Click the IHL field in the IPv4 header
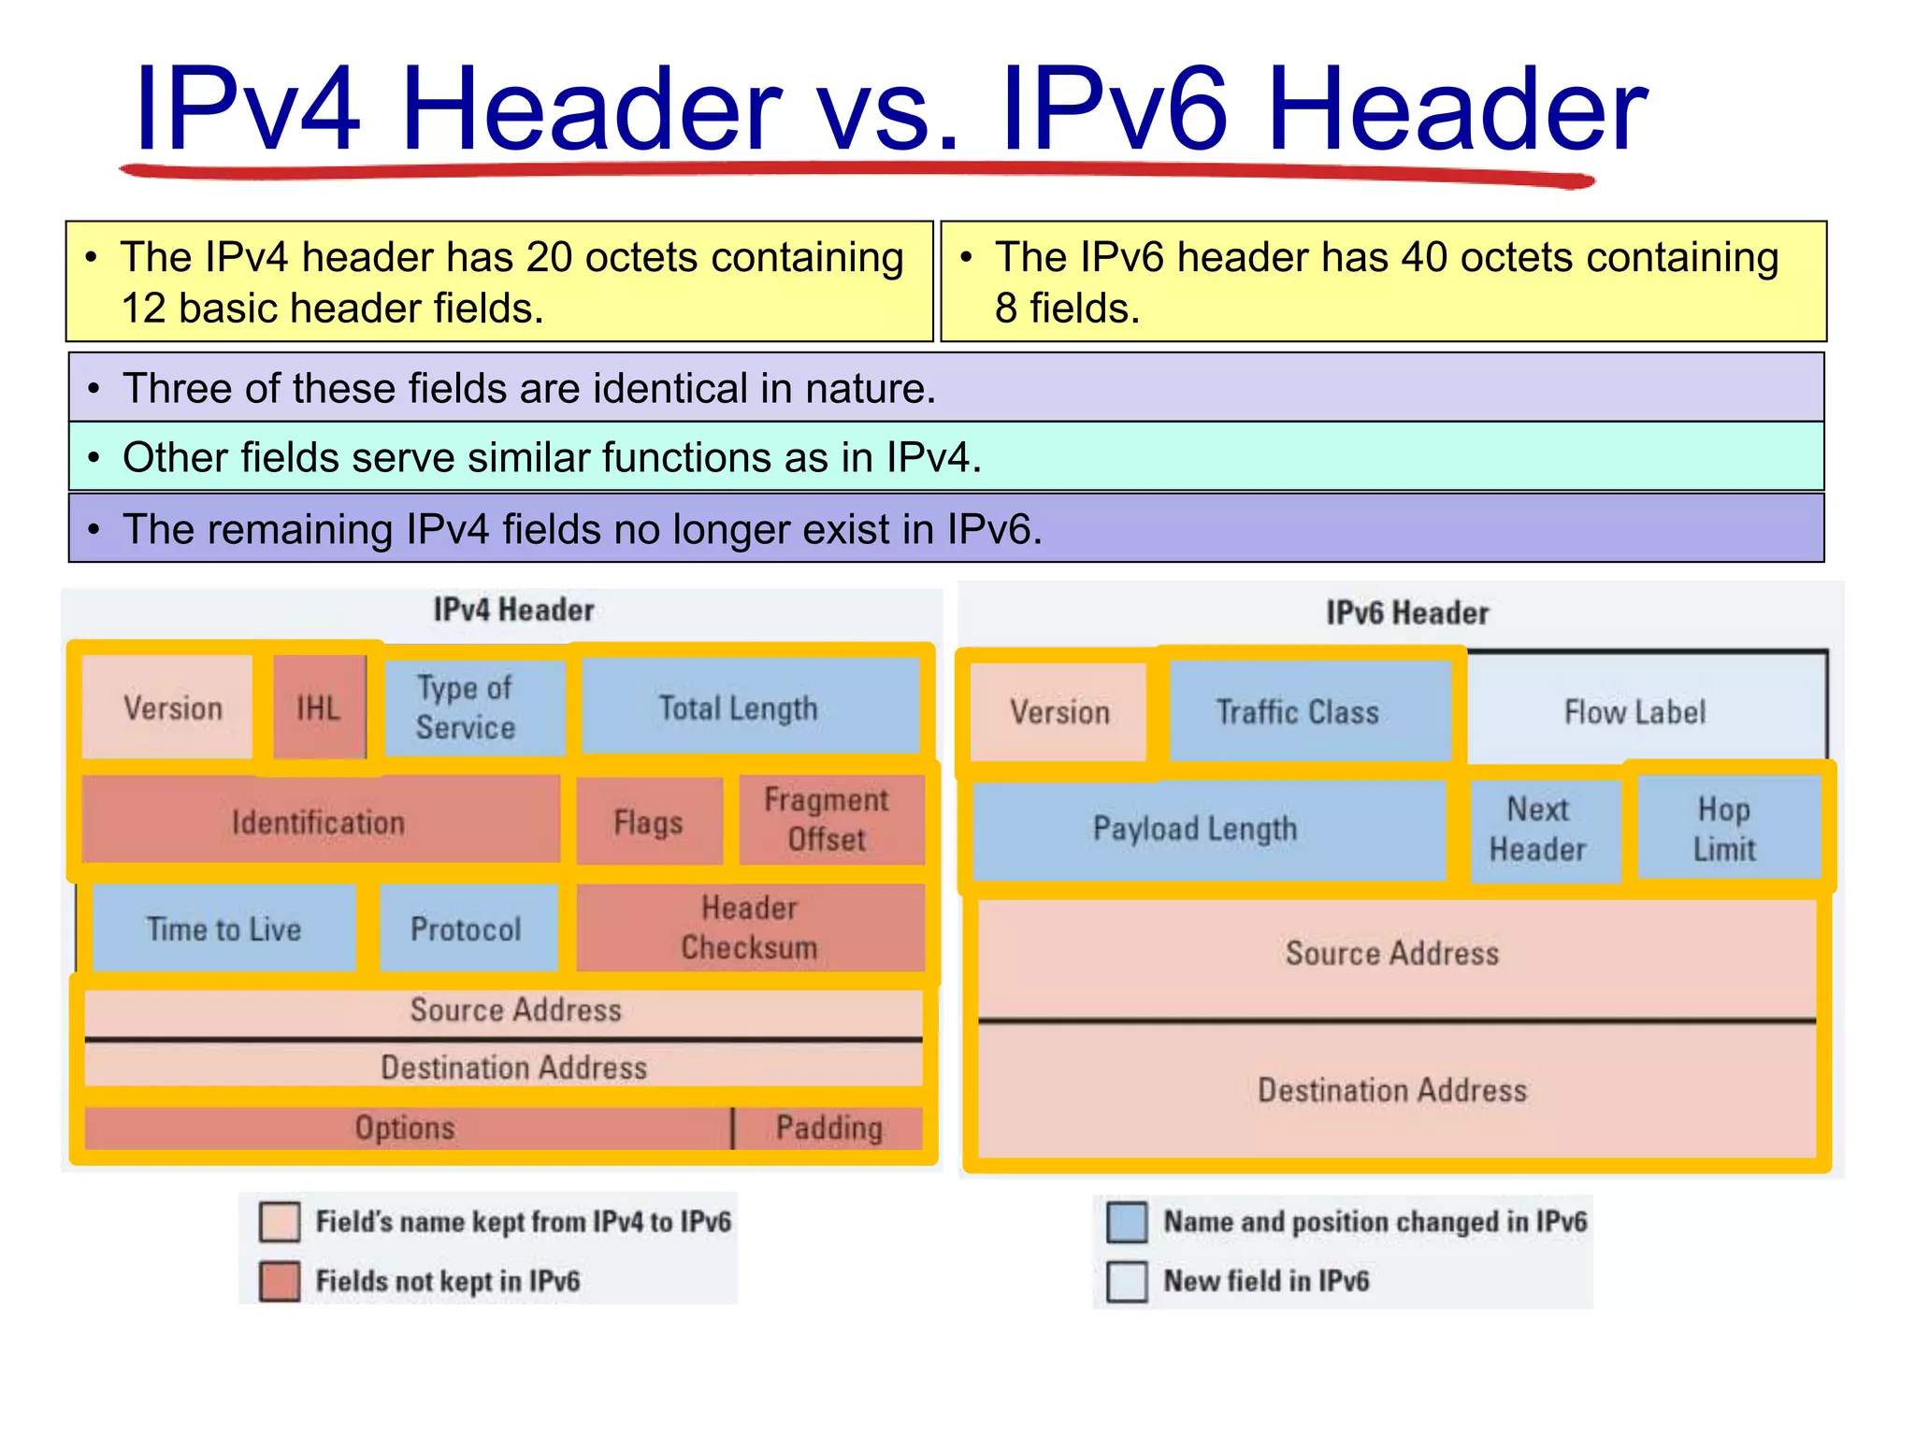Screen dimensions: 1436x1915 pyautogui.click(x=319, y=708)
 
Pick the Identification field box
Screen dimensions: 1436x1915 pyautogui.click(x=320, y=822)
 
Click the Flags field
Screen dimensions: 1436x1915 pyautogui.click(x=649, y=822)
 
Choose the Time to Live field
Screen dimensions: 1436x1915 pyautogui.click(x=224, y=928)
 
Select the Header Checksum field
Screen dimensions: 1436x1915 pyautogui.click(x=750, y=927)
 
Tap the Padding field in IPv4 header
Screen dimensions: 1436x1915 pyautogui.click(x=829, y=1127)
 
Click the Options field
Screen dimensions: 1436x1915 pyautogui.click(x=406, y=1127)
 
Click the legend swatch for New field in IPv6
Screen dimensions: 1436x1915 pyautogui.click(x=1127, y=1281)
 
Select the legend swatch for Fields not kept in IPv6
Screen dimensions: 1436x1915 pyautogui.click(x=280, y=1281)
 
